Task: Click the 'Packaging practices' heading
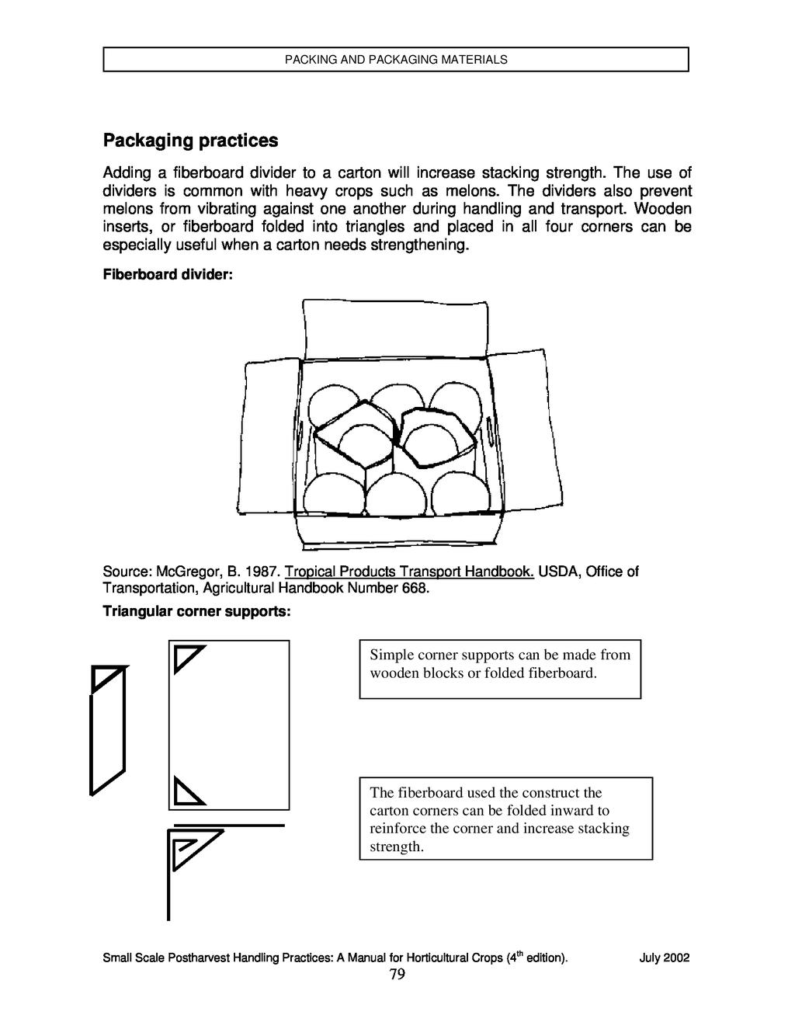[190, 141]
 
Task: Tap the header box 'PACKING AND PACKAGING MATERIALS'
[396, 60]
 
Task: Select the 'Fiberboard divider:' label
[168, 276]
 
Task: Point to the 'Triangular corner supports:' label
[197, 612]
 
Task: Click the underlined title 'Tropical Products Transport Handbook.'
[409, 572]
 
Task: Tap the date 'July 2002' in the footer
[664, 958]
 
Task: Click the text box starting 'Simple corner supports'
[500, 669]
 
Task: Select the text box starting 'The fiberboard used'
[505, 819]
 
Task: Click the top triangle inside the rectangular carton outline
[186, 657]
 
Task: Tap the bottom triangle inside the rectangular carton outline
[186, 791]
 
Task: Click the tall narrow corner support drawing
[107, 730]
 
